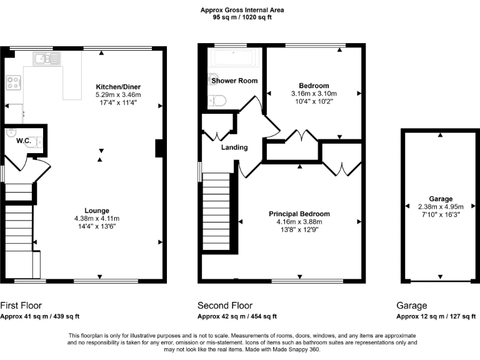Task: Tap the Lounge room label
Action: point(97,211)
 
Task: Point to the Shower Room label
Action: point(234,81)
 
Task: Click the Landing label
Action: point(234,147)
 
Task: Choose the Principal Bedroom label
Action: point(299,214)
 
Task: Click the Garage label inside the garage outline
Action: point(441,199)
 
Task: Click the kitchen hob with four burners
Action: point(12,82)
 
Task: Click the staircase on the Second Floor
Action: point(217,210)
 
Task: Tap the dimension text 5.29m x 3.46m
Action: point(118,94)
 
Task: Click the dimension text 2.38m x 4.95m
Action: point(440,206)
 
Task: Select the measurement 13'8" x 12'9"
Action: point(299,229)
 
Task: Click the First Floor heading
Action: point(21,306)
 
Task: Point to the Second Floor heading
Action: point(225,306)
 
